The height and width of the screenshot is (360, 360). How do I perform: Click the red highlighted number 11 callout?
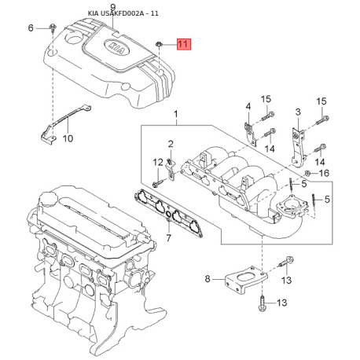coord(184,44)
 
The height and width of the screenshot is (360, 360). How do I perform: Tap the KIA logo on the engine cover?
coord(116,48)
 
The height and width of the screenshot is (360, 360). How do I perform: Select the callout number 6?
coord(31,28)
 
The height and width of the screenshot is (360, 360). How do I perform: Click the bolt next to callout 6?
coord(53,28)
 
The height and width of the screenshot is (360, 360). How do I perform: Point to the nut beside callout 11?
coord(159,44)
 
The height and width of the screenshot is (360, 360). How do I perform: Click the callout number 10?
coord(68,138)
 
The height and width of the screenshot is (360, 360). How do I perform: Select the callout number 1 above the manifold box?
coord(176,114)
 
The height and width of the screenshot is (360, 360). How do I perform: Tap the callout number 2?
coord(171,144)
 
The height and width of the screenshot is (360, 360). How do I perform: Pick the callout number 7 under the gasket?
coord(169,237)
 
